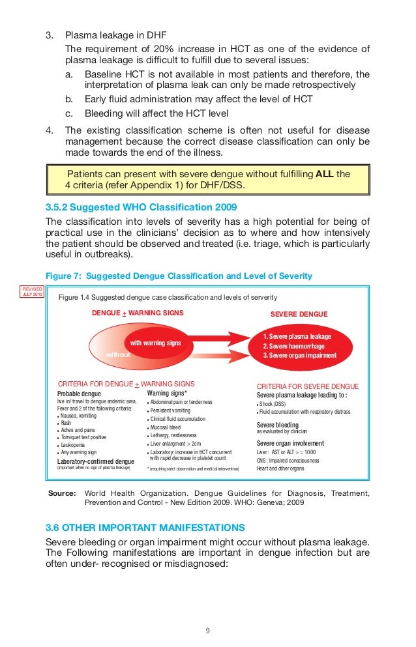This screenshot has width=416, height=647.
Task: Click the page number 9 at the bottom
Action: tap(207, 631)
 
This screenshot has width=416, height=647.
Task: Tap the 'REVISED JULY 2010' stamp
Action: tap(33, 291)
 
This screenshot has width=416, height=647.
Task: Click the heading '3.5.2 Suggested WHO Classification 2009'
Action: tap(138, 207)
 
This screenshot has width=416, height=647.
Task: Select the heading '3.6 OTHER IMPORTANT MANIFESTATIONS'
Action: tap(145, 527)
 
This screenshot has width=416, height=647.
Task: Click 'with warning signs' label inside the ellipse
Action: tap(156, 343)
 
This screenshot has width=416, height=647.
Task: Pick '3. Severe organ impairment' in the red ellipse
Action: tap(300, 356)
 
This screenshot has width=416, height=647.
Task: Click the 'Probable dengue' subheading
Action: tap(79, 394)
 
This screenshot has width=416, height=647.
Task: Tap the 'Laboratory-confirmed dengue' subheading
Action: tap(96, 461)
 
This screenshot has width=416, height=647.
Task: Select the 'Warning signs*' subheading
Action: tap(168, 394)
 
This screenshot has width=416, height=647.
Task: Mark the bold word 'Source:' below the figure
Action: tap(62, 493)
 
